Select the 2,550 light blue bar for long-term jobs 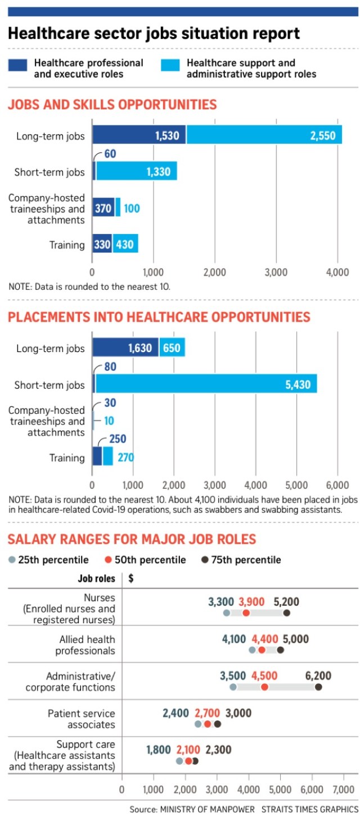tap(264, 135)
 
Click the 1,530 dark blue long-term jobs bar tap(139, 135)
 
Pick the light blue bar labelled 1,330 tap(137, 171)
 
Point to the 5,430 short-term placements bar tap(206, 384)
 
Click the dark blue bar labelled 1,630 tap(125, 348)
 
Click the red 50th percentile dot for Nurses tap(246, 612)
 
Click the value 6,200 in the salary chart tap(318, 675)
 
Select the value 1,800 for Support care tap(159, 750)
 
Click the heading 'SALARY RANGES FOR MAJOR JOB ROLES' tap(132, 539)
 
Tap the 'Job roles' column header tap(96, 578)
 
